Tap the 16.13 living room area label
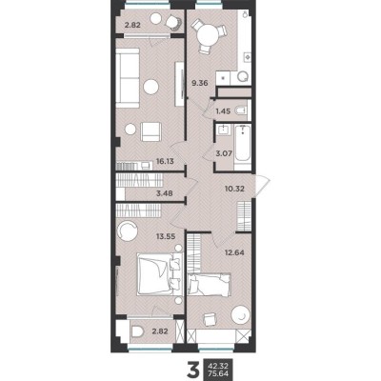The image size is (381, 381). [135, 163]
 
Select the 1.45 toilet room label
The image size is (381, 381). [224, 112]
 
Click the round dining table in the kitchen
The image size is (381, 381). [209, 36]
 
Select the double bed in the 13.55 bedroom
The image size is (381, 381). [151, 276]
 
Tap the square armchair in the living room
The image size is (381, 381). [148, 130]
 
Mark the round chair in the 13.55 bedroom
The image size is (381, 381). [126, 229]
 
